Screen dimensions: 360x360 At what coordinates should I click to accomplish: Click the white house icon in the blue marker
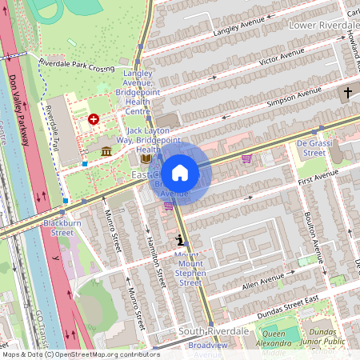tap(180, 172)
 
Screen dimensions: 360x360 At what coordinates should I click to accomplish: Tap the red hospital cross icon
tap(94, 119)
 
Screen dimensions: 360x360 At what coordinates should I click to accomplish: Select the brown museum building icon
tap(106, 151)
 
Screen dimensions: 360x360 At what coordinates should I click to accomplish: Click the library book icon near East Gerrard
tap(145, 158)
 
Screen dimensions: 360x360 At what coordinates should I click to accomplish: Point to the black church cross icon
tap(347, 94)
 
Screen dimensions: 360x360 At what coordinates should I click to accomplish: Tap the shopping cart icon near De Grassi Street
tap(246, 158)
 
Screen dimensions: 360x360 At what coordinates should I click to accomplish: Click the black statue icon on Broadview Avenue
tap(180, 239)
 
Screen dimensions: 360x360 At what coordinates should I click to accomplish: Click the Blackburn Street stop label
tap(58, 227)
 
